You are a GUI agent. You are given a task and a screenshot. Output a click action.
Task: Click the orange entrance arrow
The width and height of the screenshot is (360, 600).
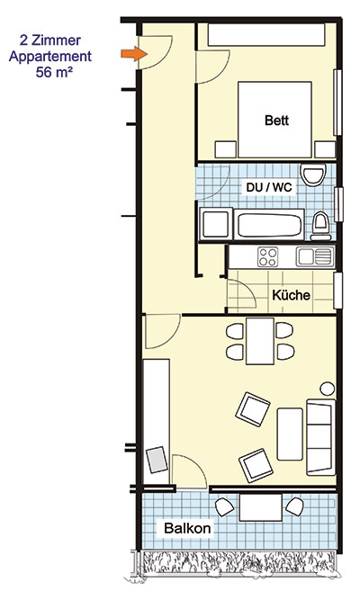134,54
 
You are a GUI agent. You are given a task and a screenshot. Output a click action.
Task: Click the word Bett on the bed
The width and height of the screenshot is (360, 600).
276,121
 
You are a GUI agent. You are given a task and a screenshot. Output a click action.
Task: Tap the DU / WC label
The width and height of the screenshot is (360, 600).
269,187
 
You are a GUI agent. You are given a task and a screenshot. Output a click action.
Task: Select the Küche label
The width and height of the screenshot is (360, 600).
291,295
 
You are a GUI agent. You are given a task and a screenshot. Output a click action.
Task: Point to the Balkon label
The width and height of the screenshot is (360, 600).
187,528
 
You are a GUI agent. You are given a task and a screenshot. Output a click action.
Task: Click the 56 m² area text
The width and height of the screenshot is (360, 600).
54,72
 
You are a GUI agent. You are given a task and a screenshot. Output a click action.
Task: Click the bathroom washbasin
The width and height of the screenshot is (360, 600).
313,175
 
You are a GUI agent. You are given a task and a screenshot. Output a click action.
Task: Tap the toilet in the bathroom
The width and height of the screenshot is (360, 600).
321,226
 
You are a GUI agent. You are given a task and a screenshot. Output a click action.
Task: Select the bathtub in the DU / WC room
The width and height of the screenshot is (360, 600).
269,225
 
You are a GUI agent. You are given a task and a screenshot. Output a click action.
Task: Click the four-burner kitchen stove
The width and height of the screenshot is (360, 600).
267,256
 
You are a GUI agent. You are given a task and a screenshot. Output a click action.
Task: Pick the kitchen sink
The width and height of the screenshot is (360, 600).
314,256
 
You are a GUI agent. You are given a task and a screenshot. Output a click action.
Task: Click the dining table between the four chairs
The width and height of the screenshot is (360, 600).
260,341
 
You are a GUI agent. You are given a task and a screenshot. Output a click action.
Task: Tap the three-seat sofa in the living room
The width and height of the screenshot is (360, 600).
321,437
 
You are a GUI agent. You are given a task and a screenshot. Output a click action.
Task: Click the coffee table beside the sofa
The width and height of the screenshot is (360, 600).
290,434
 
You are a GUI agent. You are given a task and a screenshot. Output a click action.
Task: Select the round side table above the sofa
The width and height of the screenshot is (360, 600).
328,389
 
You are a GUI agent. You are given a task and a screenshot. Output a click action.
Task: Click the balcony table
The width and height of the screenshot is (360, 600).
261,507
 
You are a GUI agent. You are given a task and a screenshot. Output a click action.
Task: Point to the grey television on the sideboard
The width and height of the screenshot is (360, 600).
157,460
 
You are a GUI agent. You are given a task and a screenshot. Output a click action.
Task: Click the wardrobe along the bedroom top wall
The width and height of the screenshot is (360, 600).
266,35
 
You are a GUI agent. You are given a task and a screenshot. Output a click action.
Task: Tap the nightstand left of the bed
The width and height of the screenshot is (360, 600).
226,149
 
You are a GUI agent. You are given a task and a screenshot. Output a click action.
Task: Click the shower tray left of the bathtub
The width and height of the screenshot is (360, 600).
216,224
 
